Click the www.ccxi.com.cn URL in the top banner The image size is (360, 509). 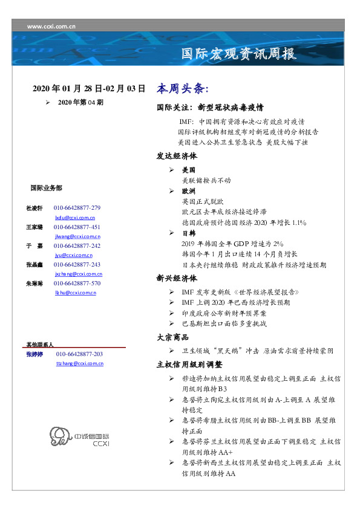pos(51,27)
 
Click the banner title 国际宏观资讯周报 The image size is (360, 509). pos(240,54)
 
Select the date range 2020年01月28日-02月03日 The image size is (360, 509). pos(89,88)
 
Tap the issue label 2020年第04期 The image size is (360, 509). pos(80,103)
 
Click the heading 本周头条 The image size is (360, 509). pos(183,89)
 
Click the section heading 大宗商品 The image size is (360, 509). pos(172,337)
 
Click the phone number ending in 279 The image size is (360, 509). pos(77,208)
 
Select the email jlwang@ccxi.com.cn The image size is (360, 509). pos(77,237)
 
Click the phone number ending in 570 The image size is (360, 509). pos(77,283)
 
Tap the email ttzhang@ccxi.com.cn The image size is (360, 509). pos(79,363)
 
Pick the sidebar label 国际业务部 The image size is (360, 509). pos(45,187)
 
